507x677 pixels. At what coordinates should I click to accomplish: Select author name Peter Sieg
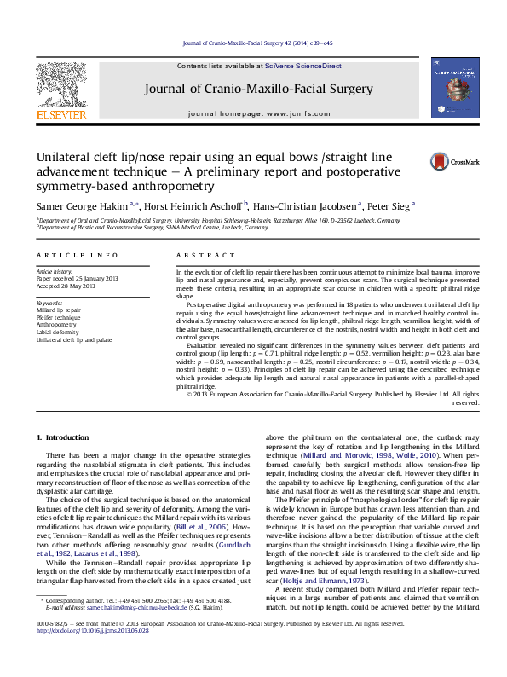(389, 205)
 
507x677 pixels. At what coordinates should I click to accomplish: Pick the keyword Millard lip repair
(58, 311)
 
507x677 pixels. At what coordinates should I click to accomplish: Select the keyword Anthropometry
(55, 325)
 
